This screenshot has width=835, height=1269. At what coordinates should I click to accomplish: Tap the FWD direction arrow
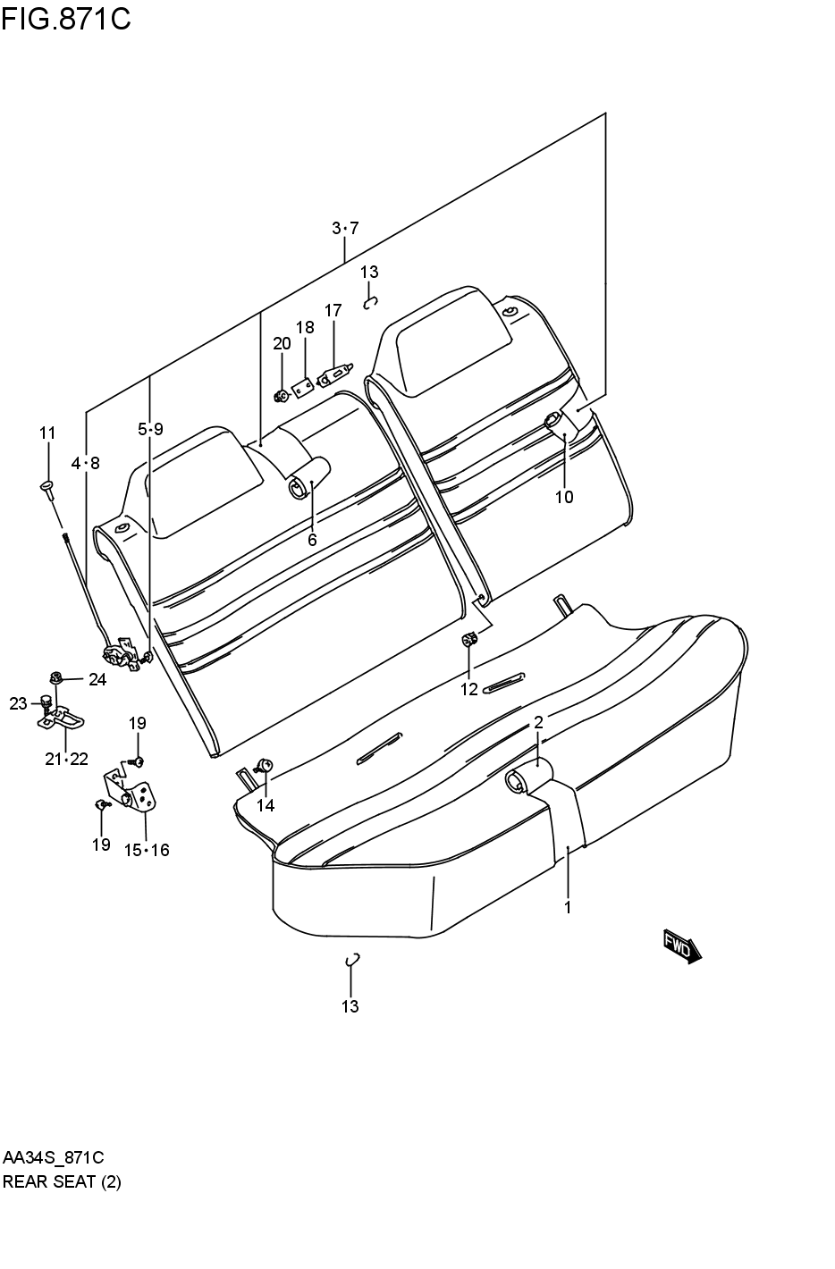(x=682, y=946)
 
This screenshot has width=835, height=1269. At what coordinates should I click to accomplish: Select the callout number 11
(x=46, y=433)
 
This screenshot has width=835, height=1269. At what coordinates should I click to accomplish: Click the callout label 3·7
(x=344, y=229)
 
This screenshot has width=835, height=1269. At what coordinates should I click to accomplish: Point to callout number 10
(x=563, y=497)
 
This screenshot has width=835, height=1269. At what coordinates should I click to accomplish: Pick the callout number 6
(x=312, y=540)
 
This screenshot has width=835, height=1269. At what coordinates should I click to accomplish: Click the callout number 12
(x=468, y=688)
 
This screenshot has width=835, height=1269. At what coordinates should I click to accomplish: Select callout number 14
(x=266, y=805)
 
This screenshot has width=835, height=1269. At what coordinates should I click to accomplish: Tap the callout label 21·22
(x=66, y=759)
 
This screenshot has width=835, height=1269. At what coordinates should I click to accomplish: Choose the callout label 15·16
(x=146, y=850)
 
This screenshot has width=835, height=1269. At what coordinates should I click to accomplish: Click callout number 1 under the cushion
(x=567, y=908)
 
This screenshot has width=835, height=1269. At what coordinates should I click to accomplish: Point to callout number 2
(x=538, y=722)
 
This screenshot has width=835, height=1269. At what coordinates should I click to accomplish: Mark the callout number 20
(x=282, y=344)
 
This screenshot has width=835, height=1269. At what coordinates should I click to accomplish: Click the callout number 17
(x=333, y=311)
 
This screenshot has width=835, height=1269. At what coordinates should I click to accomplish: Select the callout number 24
(x=97, y=679)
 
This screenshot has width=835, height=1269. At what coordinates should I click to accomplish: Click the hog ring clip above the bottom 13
(x=352, y=960)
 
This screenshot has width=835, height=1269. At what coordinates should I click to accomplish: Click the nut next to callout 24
(x=56, y=678)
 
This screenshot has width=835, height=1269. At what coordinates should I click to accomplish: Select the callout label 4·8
(x=86, y=463)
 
